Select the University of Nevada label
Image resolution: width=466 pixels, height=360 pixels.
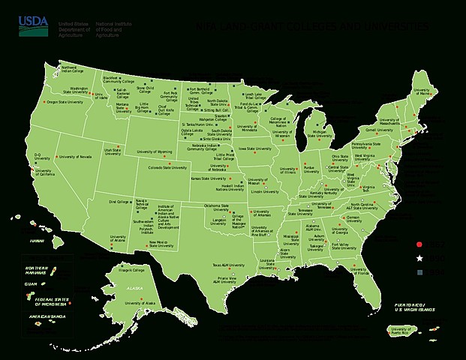pyautogui.click(x=75, y=157)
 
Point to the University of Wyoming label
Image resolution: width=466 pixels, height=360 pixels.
pyautogui.click(x=155, y=151)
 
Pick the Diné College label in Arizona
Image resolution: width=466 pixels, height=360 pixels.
pyautogui.click(x=119, y=202)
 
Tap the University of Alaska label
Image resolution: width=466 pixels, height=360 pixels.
pyautogui.click(x=140, y=303)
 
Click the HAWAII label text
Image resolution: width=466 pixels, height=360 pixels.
pyautogui.click(x=38, y=241)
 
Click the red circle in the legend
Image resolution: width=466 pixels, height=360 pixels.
pyautogui.click(x=420, y=244)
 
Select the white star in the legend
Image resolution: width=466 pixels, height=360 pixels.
pyautogui.click(x=420, y=258)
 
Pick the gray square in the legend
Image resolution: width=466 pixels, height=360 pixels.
pyautogui.click(x=420, y=272)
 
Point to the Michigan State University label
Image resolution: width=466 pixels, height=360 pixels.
pyautogui.click(x=324, y=133)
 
